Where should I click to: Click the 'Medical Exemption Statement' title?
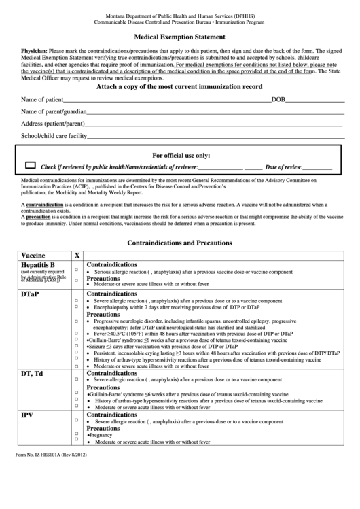click(179, 38)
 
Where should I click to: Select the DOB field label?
click(278, 100)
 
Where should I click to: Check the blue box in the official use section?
click(31, 165)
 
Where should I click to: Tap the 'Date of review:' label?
click(283, 166)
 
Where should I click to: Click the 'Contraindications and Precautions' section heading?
click(180, 243)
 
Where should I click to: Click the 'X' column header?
click(77, 256)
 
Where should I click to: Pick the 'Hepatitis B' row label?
click(38, 264)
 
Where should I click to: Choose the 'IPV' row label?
click(27, 414)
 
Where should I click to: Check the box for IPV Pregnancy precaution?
click(76, 435)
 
